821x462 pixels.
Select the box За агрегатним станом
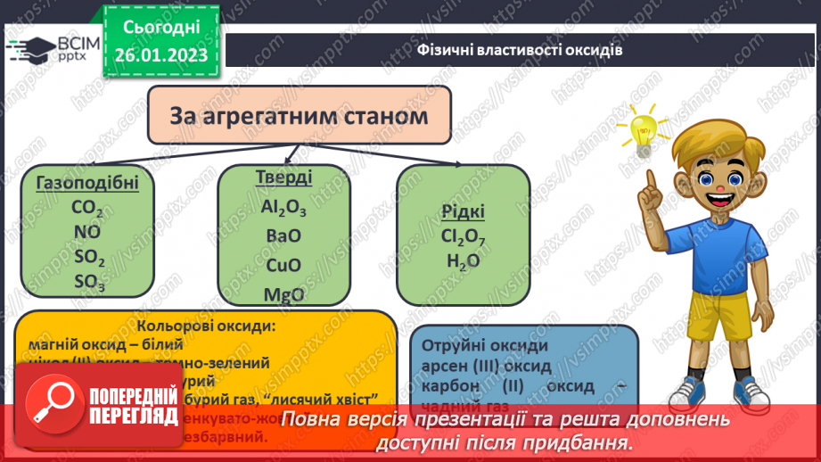300,116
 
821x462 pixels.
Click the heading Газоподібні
87,184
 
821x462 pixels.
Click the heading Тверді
283,177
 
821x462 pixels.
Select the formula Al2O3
283,207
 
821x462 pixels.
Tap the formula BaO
283,236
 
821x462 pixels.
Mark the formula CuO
283,266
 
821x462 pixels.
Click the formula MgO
283,294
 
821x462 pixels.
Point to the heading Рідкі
464,212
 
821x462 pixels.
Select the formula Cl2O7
464,237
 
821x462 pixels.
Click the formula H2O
464,261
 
